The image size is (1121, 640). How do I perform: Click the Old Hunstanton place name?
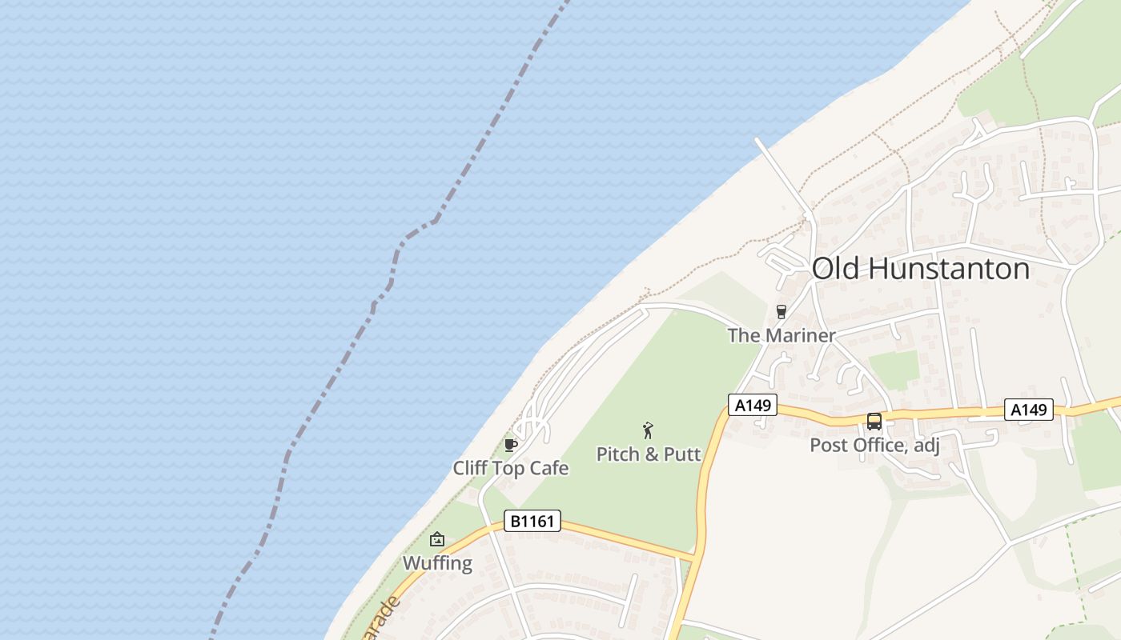pyautogui.click(x=920, y=269)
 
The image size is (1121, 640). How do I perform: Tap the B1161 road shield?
pyautogui.click(x=532, y=522)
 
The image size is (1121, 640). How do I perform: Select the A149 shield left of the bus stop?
pyautogui.click(x=753, y=406)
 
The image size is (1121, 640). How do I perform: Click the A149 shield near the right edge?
pyautogui.click(x=1029, y=410)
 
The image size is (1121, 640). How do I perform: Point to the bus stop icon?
pyautogui.click(x=874, y=421)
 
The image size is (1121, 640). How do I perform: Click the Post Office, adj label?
pyautogui.click(x=874, y=445)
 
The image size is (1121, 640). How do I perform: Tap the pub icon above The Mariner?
pyautogui.click(x=781, y=312)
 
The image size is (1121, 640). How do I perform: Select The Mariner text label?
pyautogui.click(x=781, y=335)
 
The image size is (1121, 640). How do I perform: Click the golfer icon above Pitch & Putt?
pyautogui.click(x=649, y=430)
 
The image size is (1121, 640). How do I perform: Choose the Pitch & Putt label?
pyautogui.click(x=649, y=454)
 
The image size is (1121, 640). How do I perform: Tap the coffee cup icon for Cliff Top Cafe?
pyautogui.click(x=510, y=445)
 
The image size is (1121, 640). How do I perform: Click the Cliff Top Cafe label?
pyautogui.click(x=511, y=468)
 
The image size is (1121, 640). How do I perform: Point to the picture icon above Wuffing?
pyautogui.click(x=437, y=539)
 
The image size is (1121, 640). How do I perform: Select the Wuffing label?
pyautogui.click(x=437, y=562)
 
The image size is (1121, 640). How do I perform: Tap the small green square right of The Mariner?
pyautogui.click(x=894, y=369)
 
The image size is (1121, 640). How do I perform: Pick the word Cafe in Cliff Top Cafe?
pyautogui.click(x=549, y=468)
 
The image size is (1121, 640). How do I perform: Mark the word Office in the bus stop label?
pyautogui.click(x=882, y=445)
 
